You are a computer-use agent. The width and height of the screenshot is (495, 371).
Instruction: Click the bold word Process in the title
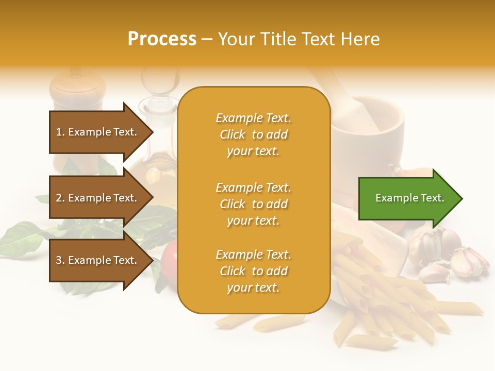pos(161,39)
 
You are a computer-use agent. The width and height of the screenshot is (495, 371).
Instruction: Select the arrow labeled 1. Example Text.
pos(98,132)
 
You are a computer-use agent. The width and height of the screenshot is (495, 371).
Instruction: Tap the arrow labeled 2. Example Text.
pos(98,198)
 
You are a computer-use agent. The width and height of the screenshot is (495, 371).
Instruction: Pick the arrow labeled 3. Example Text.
pos(98,260)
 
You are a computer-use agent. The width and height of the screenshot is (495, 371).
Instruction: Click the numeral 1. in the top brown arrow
pos(60,132)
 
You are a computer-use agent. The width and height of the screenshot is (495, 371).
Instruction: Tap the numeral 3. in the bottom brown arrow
pos(60,260)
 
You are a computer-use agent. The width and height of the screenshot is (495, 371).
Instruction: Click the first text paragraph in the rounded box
pos(253,134)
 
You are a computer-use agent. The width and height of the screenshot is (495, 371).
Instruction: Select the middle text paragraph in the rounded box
pos(253,204)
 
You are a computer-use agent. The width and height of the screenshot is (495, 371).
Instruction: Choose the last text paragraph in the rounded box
pos(253,271)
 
